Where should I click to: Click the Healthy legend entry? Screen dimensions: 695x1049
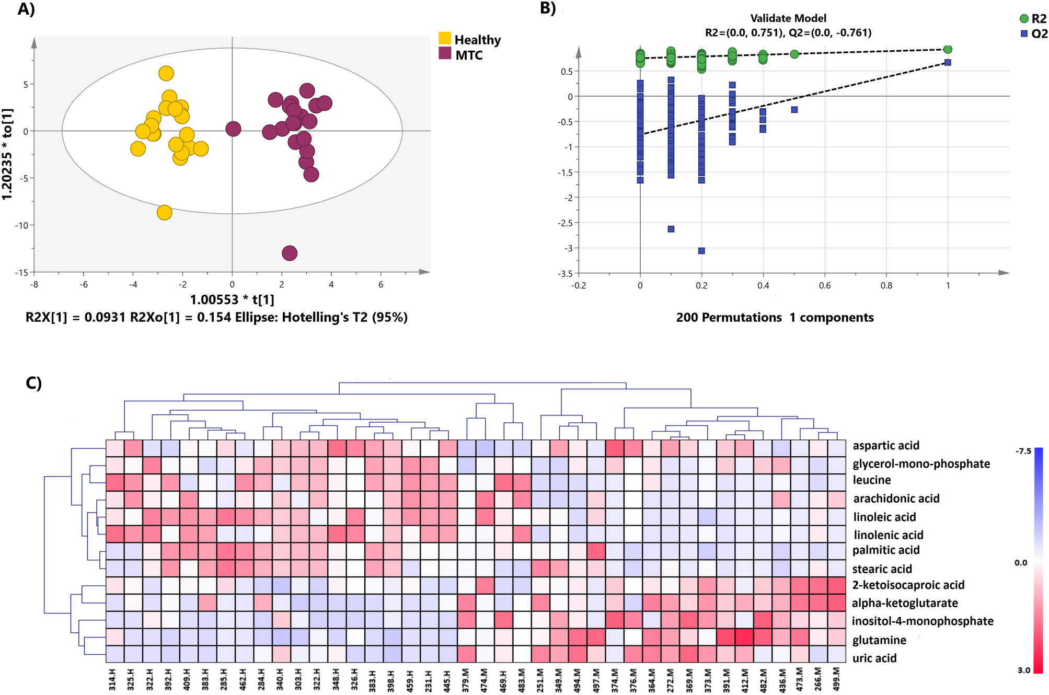click(469, 40)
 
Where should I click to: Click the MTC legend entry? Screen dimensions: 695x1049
click(460, 55)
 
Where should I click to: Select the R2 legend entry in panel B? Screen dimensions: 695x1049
click(1032, 19)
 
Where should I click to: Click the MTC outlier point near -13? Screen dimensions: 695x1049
click(290, 253)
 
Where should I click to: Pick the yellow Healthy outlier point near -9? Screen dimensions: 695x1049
click(165, 213)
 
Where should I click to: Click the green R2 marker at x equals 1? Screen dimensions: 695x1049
click(948, 49)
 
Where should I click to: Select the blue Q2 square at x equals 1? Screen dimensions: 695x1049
click(948, 63)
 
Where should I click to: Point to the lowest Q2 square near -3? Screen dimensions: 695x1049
click(701, 251)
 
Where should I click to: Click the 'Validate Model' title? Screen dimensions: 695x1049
click(788, 18)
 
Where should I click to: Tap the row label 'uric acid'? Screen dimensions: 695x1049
click(874, 658)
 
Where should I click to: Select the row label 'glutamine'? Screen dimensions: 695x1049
click(879, 640)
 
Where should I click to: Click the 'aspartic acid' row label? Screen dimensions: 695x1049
click(885, 445)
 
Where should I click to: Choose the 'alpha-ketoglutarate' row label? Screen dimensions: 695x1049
click(904, 603)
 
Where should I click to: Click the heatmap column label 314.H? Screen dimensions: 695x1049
click(112, 678)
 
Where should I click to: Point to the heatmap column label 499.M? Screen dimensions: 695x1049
click(836, 678)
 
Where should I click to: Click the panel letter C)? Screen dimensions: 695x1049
click(33, 383)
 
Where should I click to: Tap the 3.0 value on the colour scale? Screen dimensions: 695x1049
click(1023, 670)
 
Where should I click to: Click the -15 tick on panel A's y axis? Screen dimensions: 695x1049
click(21, 273)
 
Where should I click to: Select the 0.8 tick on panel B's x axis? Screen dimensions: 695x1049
click(886, 286)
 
